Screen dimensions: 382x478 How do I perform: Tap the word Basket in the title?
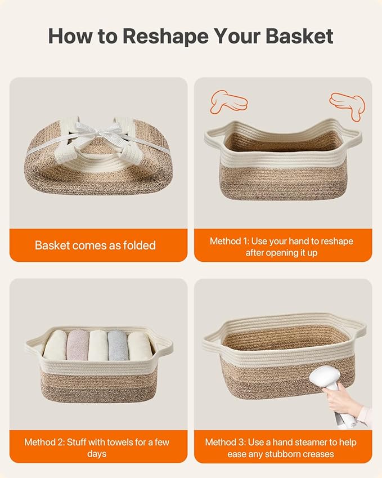tap(299, 36)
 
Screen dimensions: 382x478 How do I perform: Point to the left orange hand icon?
tap(228, 101)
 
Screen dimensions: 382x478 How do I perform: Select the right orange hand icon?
tap(348, 105)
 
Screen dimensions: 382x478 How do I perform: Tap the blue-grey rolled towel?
tap(118, 345)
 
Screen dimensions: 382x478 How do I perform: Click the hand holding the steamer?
tap(340, 399)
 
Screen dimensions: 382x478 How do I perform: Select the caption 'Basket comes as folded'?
tap(95, 245)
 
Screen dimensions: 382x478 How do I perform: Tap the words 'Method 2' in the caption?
tap(44, 442)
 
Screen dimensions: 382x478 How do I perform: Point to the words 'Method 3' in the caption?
tap(225, 442)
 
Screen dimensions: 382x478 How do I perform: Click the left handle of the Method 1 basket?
tap(212, 138)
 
